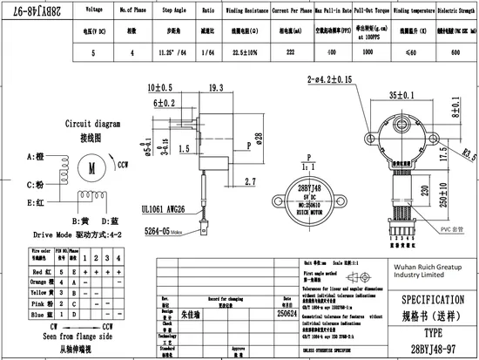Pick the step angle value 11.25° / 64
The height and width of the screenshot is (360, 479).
[181, 52]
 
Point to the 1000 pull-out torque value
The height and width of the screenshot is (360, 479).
[368, 52]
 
